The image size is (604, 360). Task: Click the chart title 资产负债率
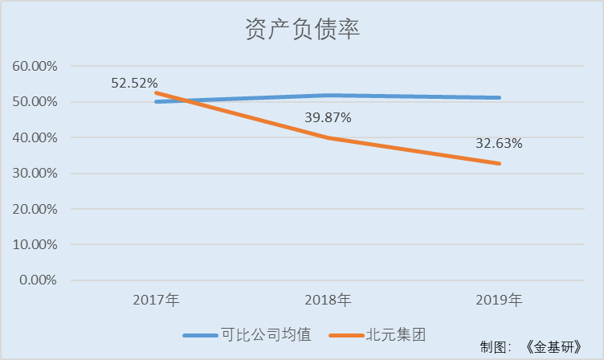click(301, 30)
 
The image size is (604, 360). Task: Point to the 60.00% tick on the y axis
click(35, 66)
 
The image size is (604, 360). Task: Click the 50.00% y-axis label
click(35, 102)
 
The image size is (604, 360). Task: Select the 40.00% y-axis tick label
click(35, 137)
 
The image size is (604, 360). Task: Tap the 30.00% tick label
click(35, 173)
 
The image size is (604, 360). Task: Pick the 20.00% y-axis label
click(35, 209)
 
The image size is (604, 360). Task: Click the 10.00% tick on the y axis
click(35, 244)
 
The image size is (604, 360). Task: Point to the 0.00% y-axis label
click(38, 280)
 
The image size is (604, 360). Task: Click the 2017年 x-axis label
click(157, 301)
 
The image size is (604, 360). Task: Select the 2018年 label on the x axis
click(328, 301)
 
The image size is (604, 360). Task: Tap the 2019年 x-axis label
click(499, 301)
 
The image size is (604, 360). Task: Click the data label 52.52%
click(134, 83)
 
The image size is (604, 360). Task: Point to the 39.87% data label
click(328, 117)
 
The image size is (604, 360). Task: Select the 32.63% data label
click(499, 145)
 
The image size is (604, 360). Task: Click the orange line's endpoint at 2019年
click(500, 163)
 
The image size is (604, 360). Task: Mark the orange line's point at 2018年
click(328, 137)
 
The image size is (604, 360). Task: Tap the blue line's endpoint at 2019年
click(500, 97)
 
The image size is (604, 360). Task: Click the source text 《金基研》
click(557, 346)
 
